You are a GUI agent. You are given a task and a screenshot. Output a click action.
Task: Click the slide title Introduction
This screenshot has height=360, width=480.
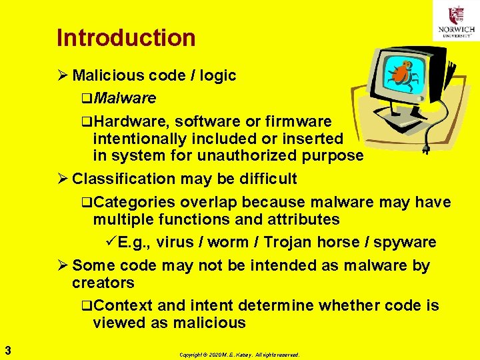point(126,38)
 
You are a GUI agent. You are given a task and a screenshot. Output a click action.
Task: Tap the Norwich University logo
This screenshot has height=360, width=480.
point(456,21)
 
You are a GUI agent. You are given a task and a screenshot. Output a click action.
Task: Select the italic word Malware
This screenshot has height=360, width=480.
point(125,99)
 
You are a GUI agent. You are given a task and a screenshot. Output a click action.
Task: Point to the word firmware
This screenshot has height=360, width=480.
point(298,121)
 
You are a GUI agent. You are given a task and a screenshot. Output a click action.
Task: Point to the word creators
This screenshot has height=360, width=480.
point(103,283)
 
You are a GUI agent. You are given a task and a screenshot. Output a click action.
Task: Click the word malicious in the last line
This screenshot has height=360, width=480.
point(209,323)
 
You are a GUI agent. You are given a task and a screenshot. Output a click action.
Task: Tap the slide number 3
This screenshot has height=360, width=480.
point(7,349)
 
